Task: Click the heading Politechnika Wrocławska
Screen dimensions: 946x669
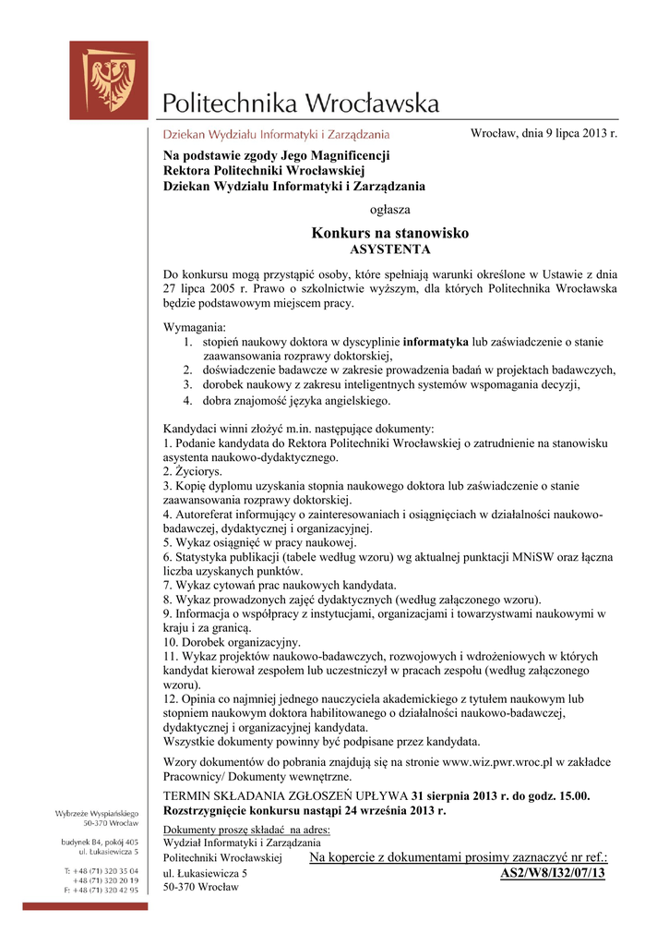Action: pyautogui.click(x=301, y=102)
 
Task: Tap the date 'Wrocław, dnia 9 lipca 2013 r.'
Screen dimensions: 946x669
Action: pyautogui.click(x=544, y=134)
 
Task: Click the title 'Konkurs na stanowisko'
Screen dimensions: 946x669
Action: pyautogui.click(x=390, y=233)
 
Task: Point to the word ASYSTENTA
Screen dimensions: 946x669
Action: pyautogui.click(x=390, y=249)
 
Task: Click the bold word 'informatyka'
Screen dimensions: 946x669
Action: pyautogui.click(x=436, y=342)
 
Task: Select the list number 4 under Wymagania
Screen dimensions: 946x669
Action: pyautogui.click(x=186, y=401)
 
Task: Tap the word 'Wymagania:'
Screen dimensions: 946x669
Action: pyautogui.click(x=194, y=328)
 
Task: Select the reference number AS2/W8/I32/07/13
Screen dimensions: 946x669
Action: pyautogui.click(x=553, y=873)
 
